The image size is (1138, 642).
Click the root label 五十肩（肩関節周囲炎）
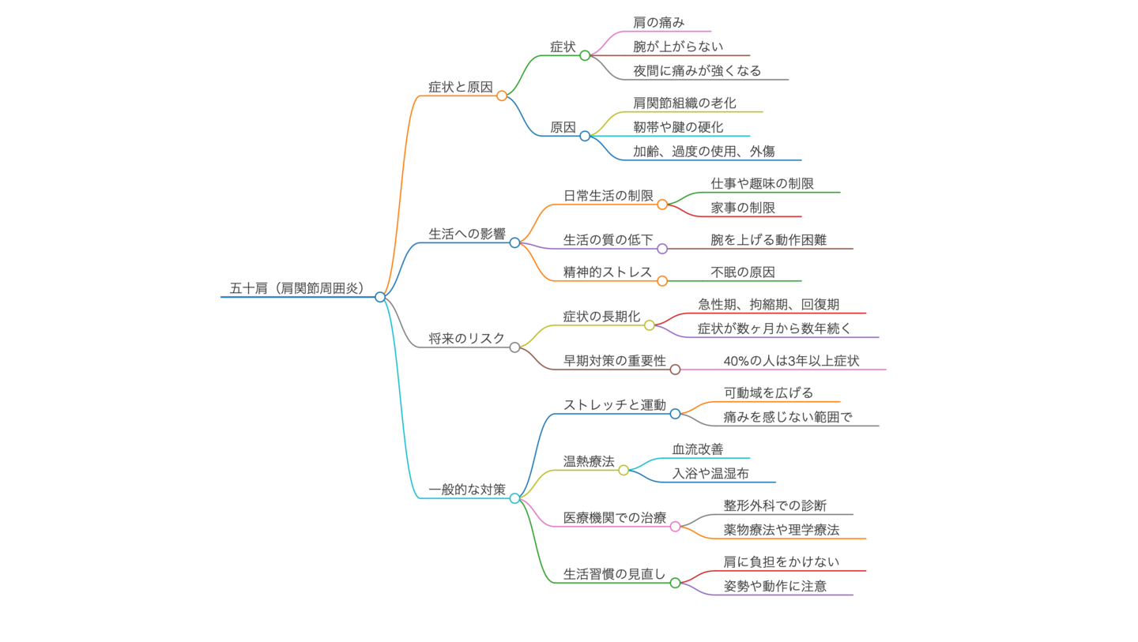click(x=297, y=288)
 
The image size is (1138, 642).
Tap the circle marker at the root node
click(x=380, y=297)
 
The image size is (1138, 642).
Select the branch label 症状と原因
click(x=460, y=87)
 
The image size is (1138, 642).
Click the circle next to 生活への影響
click(x=514, y=242)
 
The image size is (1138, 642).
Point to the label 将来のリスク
click(x=466, y=338)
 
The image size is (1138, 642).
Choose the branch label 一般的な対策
click(x=466, y=490)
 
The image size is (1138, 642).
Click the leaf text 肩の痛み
click(x=658, y=22)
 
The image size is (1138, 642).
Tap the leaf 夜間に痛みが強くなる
click(x=697, y=70)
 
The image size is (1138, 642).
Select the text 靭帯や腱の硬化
click(x=678, y=127)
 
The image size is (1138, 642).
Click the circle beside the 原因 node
click(x=585, y=136)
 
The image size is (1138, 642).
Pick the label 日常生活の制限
click(x=608, y=195)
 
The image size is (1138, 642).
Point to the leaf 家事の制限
click(x=743, y=208)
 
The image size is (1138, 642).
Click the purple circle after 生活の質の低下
click(x=662, y=249)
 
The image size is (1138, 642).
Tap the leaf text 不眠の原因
click(x=743, y=272)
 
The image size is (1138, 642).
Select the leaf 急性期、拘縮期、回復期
click(x=768, y=304)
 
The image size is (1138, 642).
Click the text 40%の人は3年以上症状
click(x=791, y=361)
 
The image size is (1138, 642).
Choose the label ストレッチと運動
click(x=614, y=404)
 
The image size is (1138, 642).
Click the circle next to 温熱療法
click(x=624, y=470)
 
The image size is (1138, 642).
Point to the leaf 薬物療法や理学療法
click(x=781, y=530)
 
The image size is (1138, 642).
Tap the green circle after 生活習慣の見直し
click(x=675, y=583)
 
